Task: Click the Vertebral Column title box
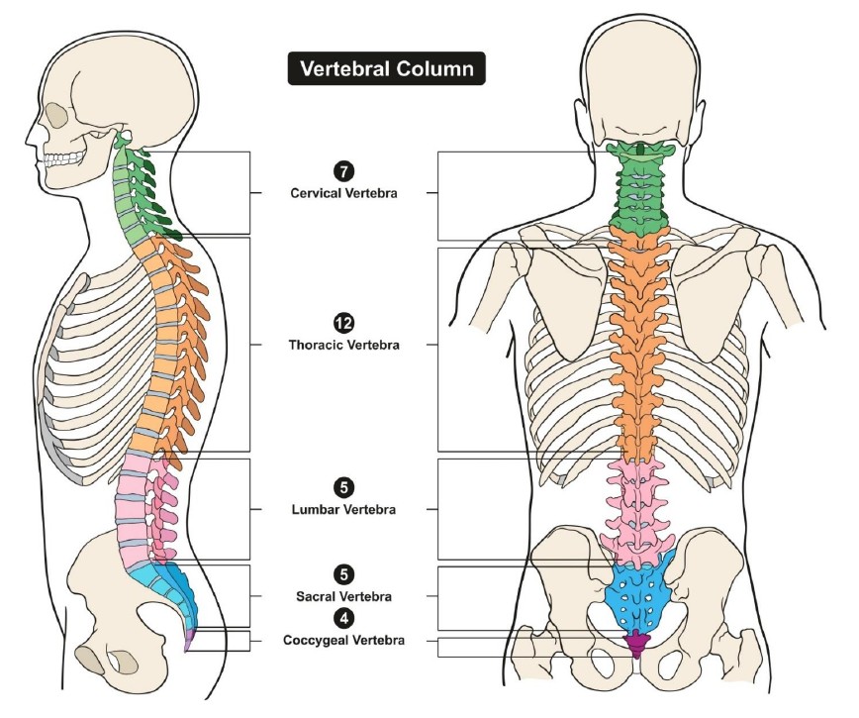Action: point(386,68)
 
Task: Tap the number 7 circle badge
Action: point(343,171)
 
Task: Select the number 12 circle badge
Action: point(343,324)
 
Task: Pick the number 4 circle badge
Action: point(343,618)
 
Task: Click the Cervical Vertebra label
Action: point(343,193)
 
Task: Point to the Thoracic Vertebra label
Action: point(343,345)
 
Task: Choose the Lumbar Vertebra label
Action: point(343,509)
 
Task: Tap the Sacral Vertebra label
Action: point(343,596)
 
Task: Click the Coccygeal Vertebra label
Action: point(343,640)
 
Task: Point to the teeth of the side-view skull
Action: point(64,158)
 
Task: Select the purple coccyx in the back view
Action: point(636,644)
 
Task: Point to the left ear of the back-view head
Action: point(580,121)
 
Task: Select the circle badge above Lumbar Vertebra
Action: point(343,488)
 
